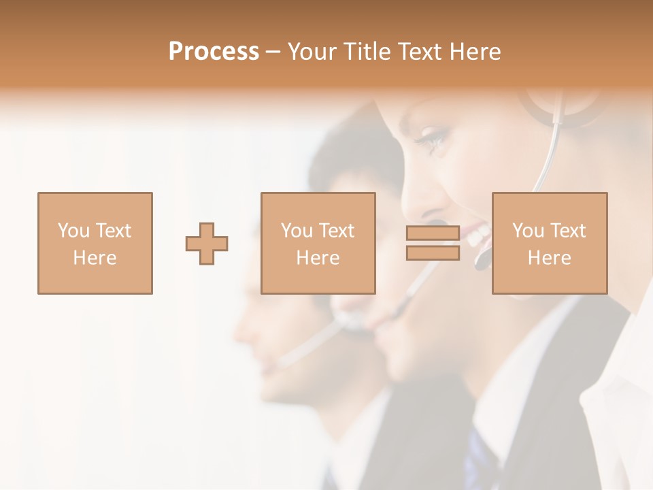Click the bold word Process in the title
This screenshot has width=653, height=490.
[x=214, y=52]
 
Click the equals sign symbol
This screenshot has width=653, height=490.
[x=433, y=243]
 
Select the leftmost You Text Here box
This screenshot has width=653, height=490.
[x=95, y=243]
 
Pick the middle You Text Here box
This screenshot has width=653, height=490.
[x=318, y=243]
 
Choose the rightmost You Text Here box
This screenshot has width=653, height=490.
[x=549, y=243]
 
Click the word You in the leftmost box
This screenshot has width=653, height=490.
[x=73, y=231]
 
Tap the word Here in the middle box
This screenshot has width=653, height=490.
[x=318, y=258]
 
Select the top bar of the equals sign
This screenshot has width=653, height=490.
[x=433, y=233]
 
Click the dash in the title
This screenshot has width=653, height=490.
[x=273, y=52]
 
